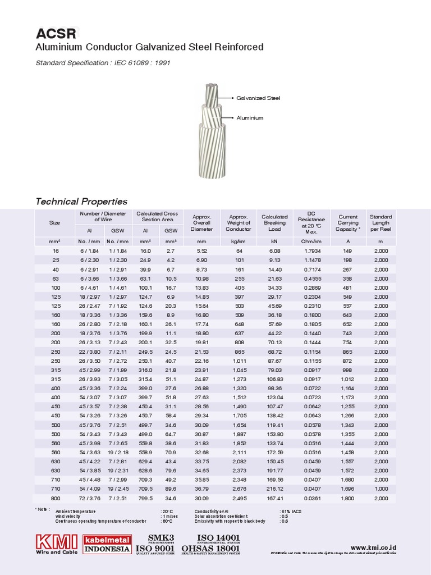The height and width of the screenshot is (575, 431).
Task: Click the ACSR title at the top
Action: [x=56, y=33]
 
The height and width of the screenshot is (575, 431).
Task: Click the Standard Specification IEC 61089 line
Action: [x=103, y=63]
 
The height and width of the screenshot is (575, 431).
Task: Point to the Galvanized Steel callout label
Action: [x=258, y=98]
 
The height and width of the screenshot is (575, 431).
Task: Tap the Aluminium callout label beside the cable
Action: [x=250, y=118]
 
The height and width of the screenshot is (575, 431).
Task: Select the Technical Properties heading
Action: [x=81, y=202]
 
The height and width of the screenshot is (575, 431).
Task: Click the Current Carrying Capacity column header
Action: [x=348, y=223]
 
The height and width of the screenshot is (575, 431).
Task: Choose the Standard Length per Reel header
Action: [x=380, y=223]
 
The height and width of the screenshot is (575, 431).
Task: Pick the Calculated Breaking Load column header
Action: [x=274, y=223]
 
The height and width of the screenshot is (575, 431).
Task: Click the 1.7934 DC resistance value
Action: [x=313, y=251]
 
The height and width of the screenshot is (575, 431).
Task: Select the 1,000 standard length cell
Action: [x=380, y=489]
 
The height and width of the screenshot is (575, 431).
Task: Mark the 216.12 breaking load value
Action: [x=274, y=489]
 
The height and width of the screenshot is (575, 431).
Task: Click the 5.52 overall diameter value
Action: [x=202, y=251]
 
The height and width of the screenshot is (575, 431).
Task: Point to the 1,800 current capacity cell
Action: [x=348, y=499]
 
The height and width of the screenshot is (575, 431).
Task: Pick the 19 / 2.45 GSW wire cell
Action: [x=118, y=489]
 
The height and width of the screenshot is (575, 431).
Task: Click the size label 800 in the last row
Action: [x=54, y=499]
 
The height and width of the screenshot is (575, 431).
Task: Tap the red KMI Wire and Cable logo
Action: [x=57, y=544]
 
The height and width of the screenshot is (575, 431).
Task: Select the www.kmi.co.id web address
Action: [x=373, y=547]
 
